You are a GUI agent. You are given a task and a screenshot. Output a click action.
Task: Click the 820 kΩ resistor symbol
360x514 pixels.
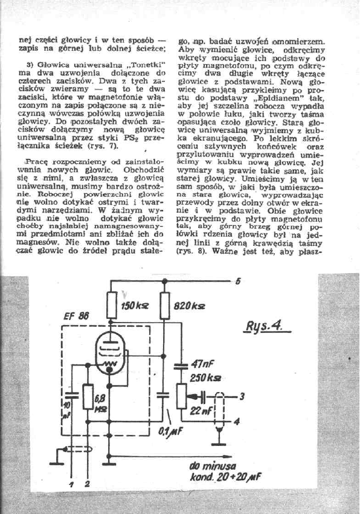click(x=166, y=302)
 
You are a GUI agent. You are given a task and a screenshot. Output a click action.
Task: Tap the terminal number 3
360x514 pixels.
click(x=242, y=396)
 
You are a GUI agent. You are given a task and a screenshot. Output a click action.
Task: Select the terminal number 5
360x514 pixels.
click(x=237, y=282)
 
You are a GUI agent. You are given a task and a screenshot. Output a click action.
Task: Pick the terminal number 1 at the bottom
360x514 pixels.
click(x=71, y=485)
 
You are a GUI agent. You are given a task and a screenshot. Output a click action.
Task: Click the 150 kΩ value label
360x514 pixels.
click(x=135, y=307)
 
